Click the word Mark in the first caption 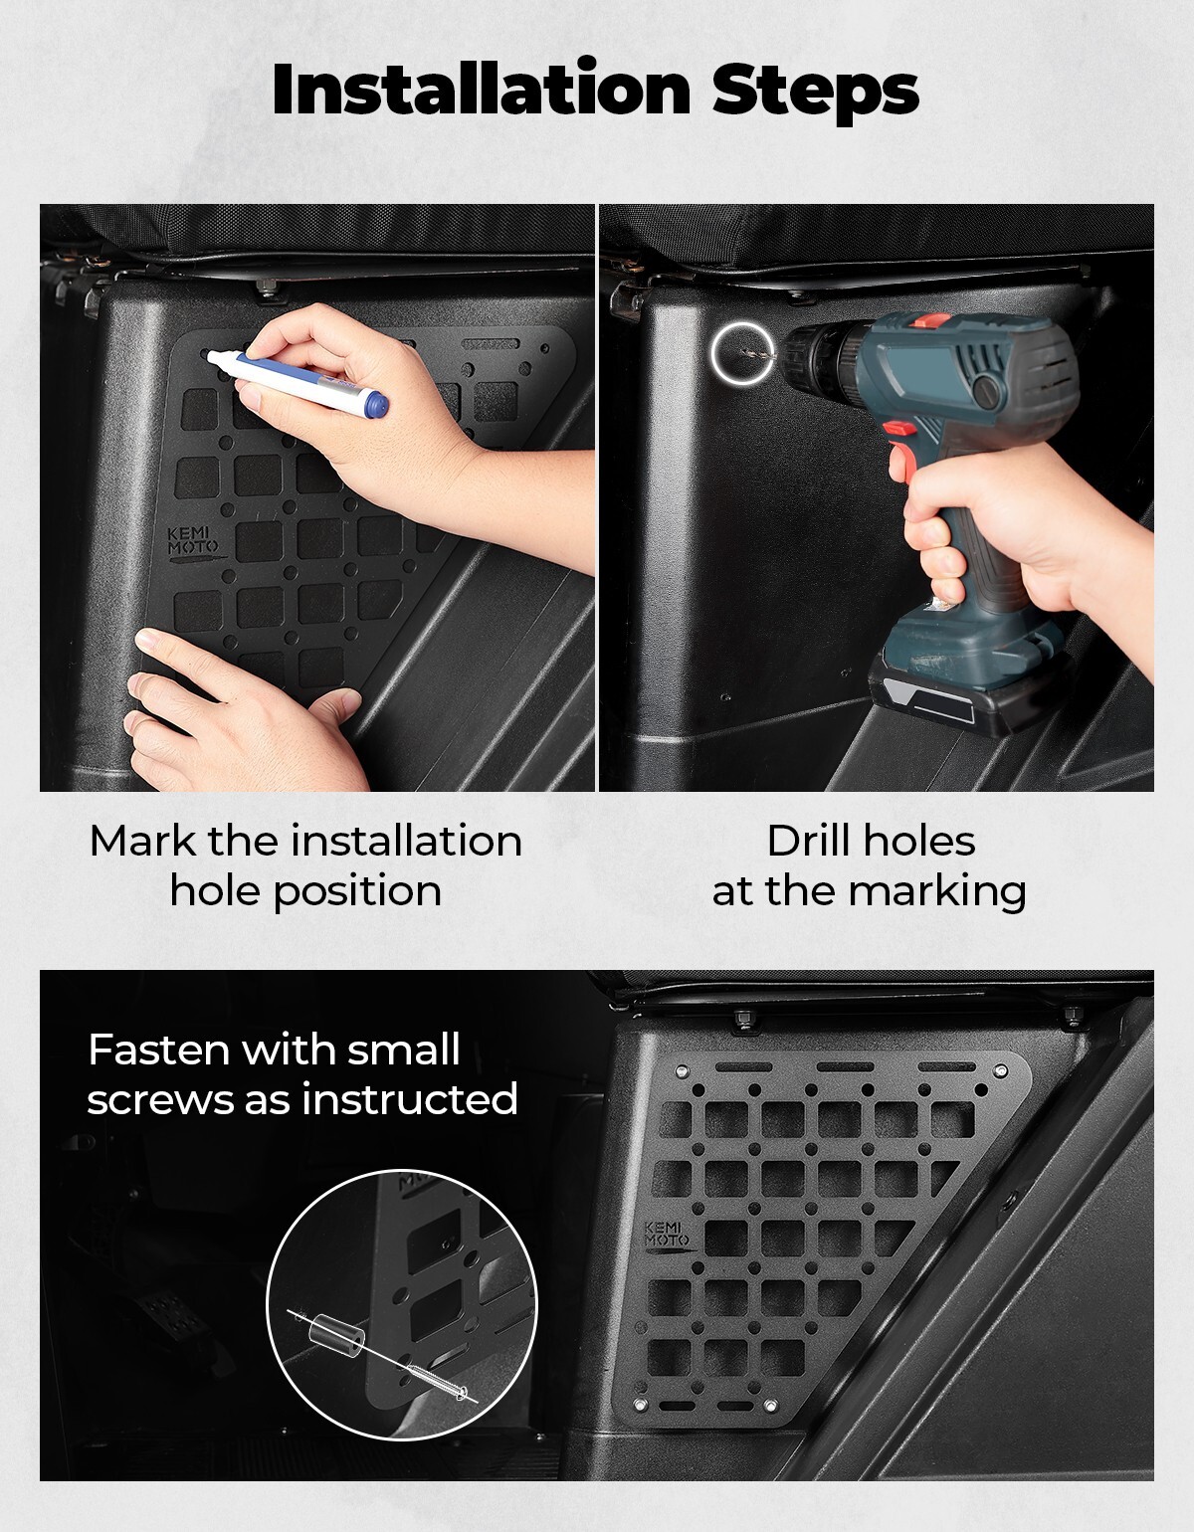tap(142, 841)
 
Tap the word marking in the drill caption tap(937, 892)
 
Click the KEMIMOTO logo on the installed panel tap(667, 1238)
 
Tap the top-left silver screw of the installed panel tap(681, 1072)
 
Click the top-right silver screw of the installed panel tap(999, 1071)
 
